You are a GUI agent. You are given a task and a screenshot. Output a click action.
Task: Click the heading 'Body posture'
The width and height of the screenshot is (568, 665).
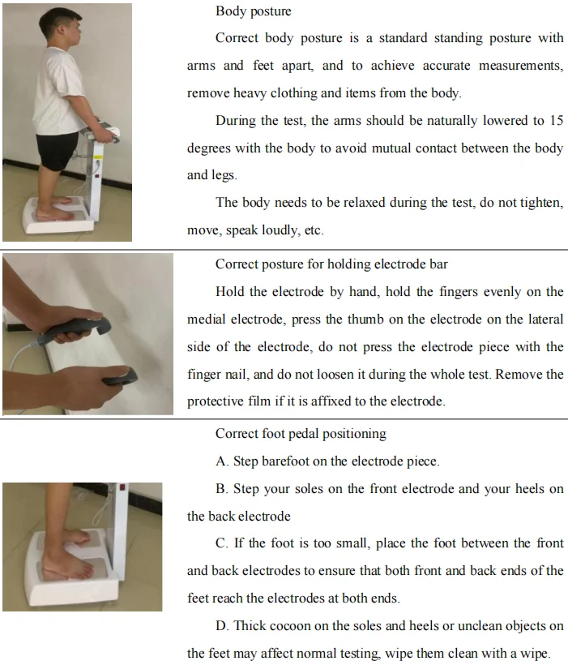coord(253,11)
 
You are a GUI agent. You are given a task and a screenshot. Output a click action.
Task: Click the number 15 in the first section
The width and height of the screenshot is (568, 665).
coord(556,121)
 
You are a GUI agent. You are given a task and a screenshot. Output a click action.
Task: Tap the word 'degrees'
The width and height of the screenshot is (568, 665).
coord(209,148)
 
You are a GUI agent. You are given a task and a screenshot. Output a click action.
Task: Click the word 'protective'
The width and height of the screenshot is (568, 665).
coord(216,401)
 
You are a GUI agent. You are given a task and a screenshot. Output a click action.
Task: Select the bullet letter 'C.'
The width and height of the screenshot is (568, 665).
coord(222,543)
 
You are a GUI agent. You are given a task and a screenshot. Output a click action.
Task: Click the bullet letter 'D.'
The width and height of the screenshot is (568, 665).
coord(223,625)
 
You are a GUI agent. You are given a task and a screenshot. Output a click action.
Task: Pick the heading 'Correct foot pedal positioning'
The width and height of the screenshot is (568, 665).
coord(301,434)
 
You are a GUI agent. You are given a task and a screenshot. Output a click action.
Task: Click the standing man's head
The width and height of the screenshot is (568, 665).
coord(65,28)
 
